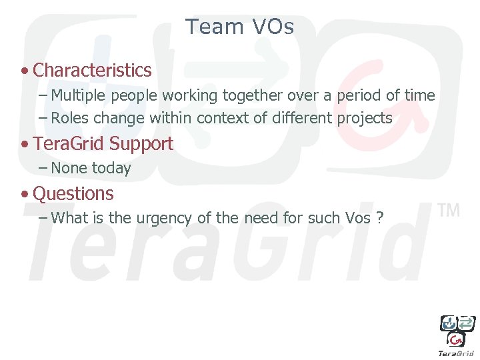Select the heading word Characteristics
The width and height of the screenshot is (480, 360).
pyautogui.click(x=92, y=70)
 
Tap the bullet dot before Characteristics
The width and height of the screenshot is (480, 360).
pyautogui.click(x=25, y=71)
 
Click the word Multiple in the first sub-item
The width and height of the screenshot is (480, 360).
pyautogui.click(x=79, y=96)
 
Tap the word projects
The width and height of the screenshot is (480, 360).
pyautogui.click(x=364, y=119)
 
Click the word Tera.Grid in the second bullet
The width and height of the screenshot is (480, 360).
pyautogui.click(x=69, y=144)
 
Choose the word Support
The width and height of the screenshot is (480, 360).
pyautogui.click(x=141, y=144)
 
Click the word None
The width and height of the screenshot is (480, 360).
pyautogui.click(x=69, y=169)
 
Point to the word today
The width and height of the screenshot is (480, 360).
pyautogui.click(x=111, y=169)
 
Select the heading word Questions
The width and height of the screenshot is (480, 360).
pyautogui.click(x=73, y=194)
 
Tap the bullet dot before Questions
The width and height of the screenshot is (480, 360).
pyautogui.click(x=25, y=195)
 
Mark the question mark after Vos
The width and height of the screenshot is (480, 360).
pyautogui.click(x=379, y=218)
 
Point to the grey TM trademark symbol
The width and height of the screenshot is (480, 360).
pyautogui.click(x=449, y=211)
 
